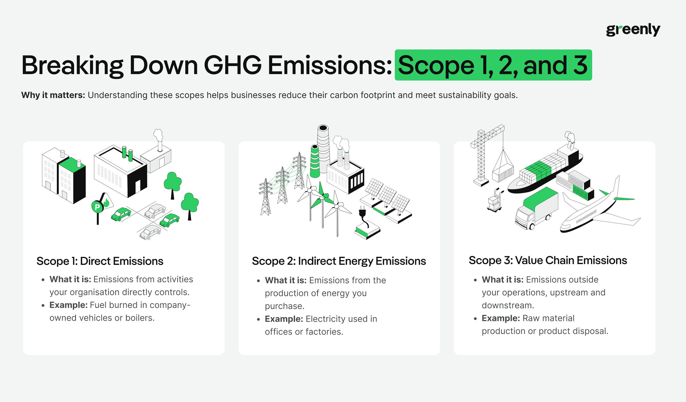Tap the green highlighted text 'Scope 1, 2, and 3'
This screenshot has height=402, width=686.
pos(493,65)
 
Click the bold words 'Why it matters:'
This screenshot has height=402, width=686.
pos(53,95)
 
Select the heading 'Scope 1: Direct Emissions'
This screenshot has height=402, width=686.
pos(100,261)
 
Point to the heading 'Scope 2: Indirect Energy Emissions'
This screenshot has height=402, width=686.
pos(339,261)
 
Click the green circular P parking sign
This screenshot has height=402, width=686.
pos(97,207)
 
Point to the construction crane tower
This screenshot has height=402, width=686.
pos(481,158)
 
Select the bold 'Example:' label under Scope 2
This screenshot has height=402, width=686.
pos(284,319)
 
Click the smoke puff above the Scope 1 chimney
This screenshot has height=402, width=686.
pos(158,135)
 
